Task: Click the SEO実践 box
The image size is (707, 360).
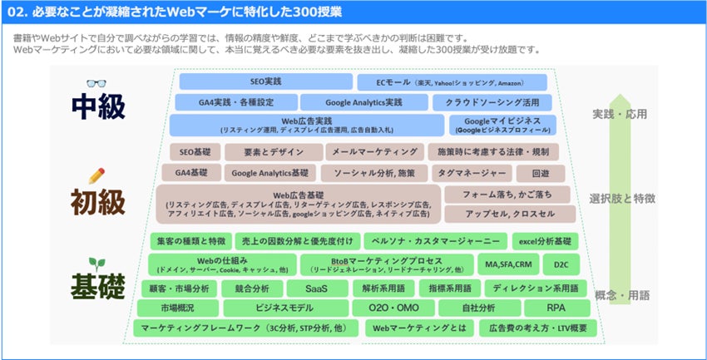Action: coord(266,82)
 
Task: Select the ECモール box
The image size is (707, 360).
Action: coord(452,82)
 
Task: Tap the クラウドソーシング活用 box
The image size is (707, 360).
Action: coord(490,103)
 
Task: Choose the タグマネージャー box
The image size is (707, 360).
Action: coord(471,173)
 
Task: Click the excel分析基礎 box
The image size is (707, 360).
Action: coord(545,241)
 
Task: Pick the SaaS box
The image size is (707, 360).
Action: coord(316,288)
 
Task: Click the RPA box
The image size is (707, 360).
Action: coord(556,308)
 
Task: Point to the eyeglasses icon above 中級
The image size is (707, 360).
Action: coord(96,83)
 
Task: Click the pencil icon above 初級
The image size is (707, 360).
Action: coord(96,175)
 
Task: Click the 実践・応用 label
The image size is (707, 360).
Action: coord(620,114)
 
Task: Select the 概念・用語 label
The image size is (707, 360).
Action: coord(620,295)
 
